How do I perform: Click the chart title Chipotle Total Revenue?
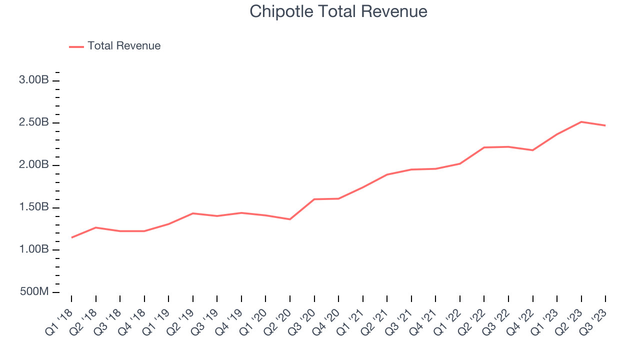[x=338, y=11]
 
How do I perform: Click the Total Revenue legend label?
[x=124, y=46]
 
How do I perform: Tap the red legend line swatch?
[x=76, y=46]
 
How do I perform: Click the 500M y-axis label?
[x=34, y=292]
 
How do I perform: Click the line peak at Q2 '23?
[x=581, y=121]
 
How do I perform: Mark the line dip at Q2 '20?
[x=289, y=219]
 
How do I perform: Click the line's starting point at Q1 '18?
[x=71, y=237]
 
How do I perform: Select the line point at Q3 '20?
[x=314, y=199]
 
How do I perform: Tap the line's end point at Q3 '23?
[x=605, y=125]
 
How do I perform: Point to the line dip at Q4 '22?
[x=532, y=150]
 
